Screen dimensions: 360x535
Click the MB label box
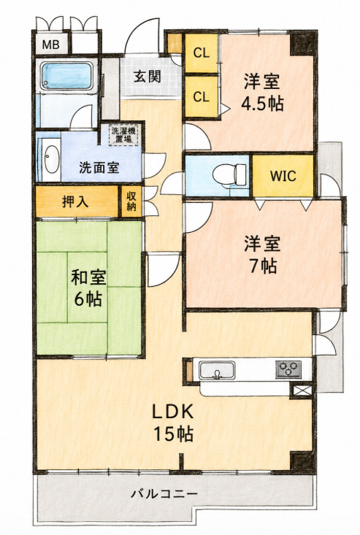pyautogui.click(x=51, y=44)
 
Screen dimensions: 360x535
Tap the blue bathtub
pyautogui.click(x=67, y=77)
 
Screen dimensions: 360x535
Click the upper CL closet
pyautogui.click(x=202, y=53)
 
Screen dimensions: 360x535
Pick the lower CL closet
pyautogui.click(x=202, y=96)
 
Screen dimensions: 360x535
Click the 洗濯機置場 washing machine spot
pyautogui.click(x=120, y=135)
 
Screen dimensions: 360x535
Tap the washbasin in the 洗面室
pyautogui.click(x=52, y=159)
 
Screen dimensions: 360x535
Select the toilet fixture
pyautogui.click(x=229, y=174)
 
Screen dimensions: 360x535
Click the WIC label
pyautogui.click(x=283, y=176)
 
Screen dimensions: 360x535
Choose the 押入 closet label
pyautogui.click(x=75, y=201)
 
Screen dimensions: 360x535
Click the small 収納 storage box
pyautogui.click(x=131, y=201)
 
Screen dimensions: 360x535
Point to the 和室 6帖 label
pyautogui.click(x=88, y=288)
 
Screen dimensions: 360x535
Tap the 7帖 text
pyautogui.click(x=262, y=266)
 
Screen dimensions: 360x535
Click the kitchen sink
pyautogui.click(x=217, y=370)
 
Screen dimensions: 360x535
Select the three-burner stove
pyautogui.click(x=288, y=369)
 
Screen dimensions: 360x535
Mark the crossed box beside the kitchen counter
pyautogui.click(x=300, y=391)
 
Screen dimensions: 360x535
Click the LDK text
pyautogui.click(x=173, y=412)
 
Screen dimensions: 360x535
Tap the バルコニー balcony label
pyautogui.click(x=164, y=493)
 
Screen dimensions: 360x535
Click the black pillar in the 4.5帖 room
pyautogui.click(x=302, y=43)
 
